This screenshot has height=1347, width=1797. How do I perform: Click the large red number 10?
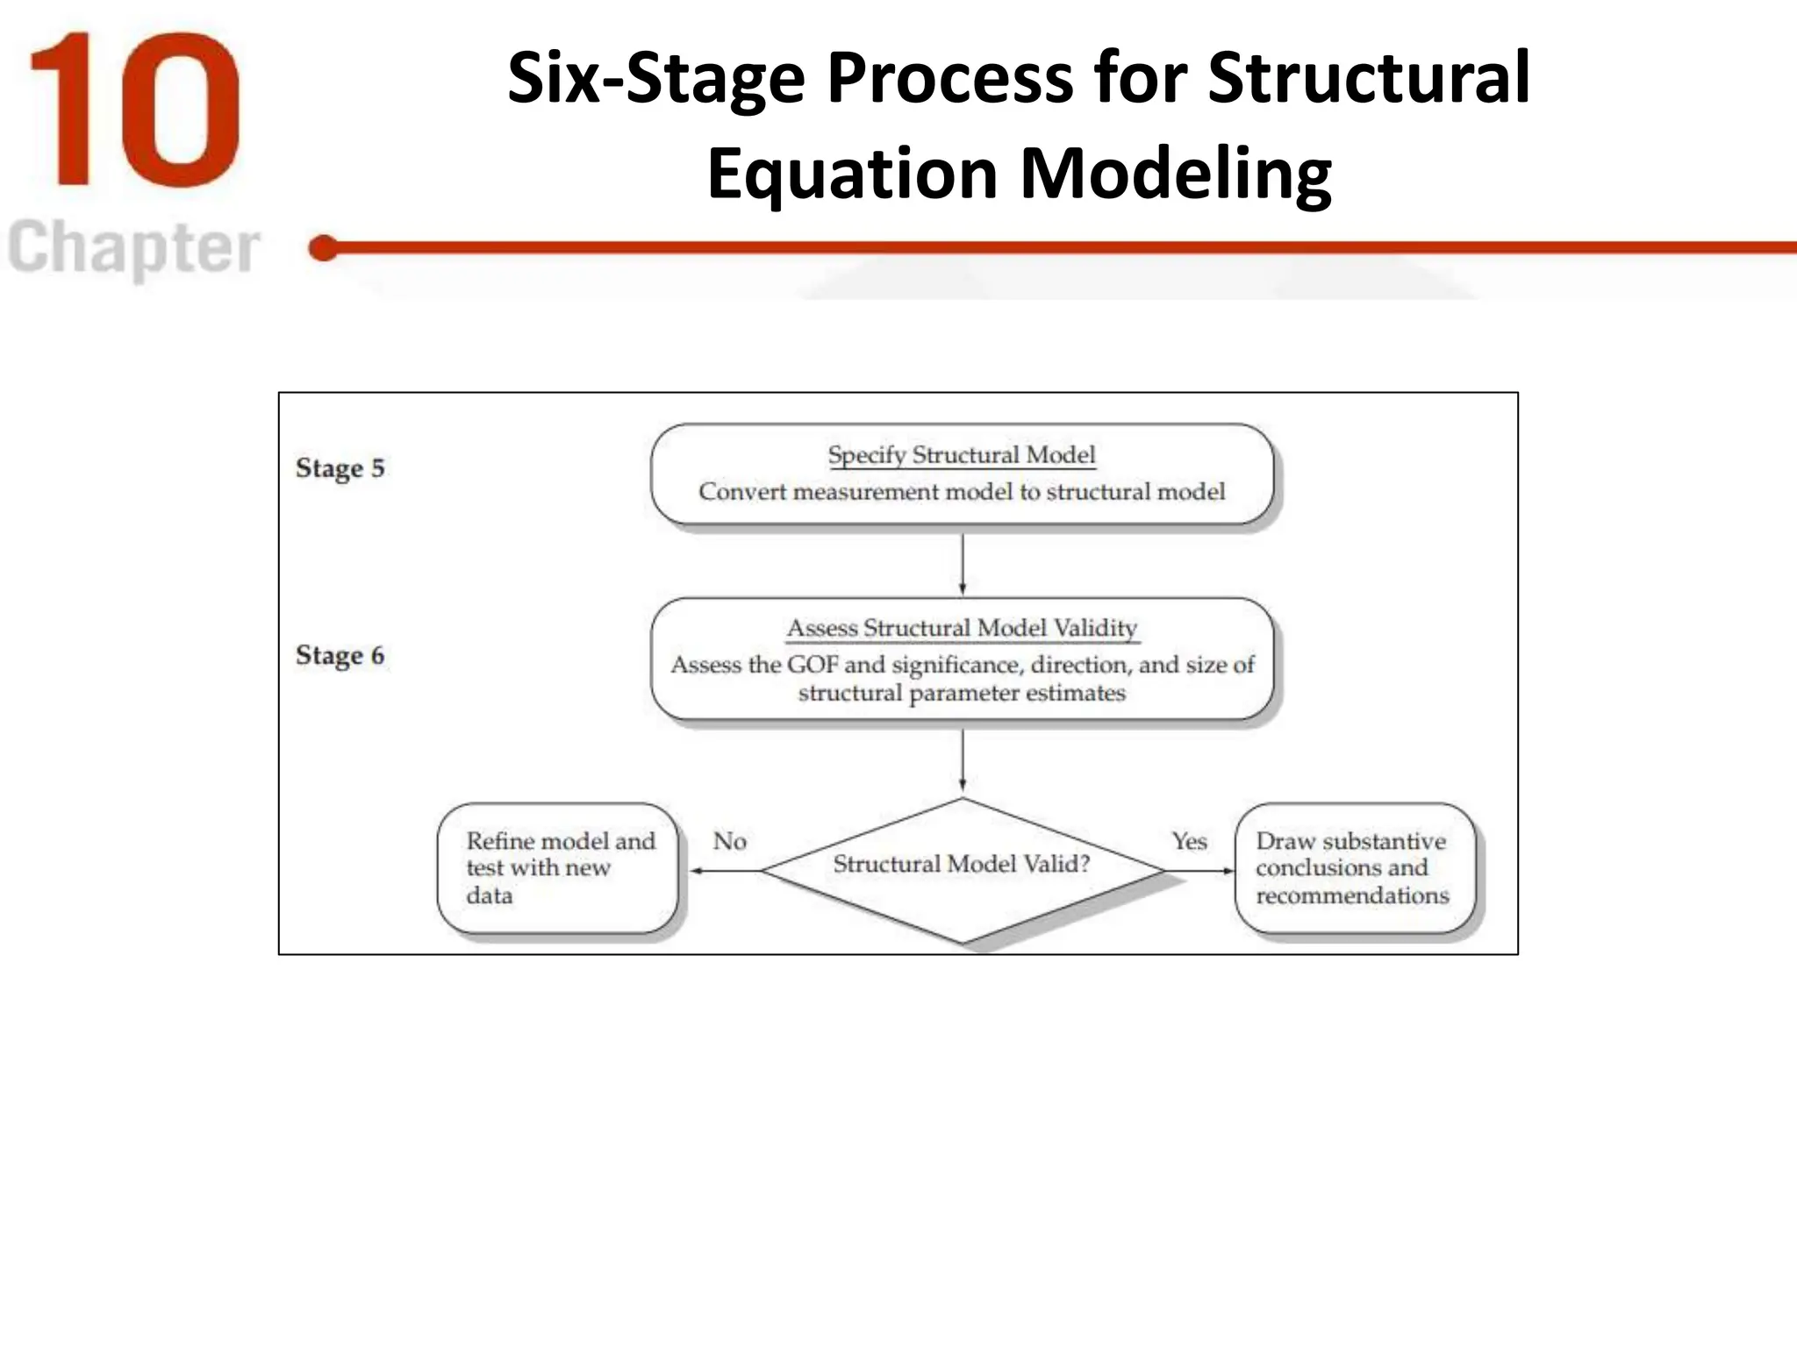pyautogui.click(x=133, y=110)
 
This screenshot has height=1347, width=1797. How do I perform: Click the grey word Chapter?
pyautogui.click(x=133, y=248)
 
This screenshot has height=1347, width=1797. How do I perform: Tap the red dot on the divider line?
pyautogui.click(x=324, y=248)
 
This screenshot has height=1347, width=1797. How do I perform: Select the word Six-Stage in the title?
pyautogui.click(x=655, y=78)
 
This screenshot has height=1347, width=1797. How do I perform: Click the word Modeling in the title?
pyautogui.click(x=1176, y=173)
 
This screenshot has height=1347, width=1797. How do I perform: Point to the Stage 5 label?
pyautogui.click(x=340, y=468)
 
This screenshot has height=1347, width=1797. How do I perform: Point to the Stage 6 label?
pyautogui.click(x=340, y=656)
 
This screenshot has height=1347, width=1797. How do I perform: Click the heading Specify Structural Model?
pyautogui.click(x=962, y=455)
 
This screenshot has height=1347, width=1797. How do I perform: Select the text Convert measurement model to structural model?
pyautogui.click(x=962, y=492)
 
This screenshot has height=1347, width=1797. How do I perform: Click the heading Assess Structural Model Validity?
pyautogui.click(x=962, y=628)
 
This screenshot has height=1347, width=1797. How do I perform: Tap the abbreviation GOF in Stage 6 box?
pyautogui.click(x=812, y=665)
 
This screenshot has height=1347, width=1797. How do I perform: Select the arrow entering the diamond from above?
pyautogui.click(x=963, y=759)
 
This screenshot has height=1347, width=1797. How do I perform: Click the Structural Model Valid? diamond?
pyautogui.click(x=962, y=868)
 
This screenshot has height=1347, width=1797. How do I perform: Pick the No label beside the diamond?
pyautogui.click(x=729, y=842)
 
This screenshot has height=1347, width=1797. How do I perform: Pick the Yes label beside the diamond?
pyautogui.click(x=1189, y=842)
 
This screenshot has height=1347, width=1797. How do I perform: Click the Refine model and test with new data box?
pyautogui.click(x=559, y=868)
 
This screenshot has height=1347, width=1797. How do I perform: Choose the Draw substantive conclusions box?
pyautogui.click(x=1354, y=868)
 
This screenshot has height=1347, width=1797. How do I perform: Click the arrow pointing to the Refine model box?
pyautogui.click(x=725, y=871)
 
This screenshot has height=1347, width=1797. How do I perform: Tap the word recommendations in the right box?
pyautogui.click(x=1352, y=896)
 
